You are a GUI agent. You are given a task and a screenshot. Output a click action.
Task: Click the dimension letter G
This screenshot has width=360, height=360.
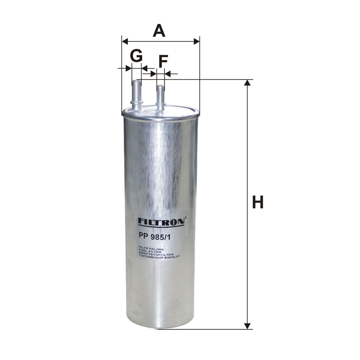(136, 55)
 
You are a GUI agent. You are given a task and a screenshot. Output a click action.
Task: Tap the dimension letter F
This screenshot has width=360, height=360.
(163, 61)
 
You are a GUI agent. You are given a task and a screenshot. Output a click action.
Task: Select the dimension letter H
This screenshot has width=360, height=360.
(258, 202)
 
